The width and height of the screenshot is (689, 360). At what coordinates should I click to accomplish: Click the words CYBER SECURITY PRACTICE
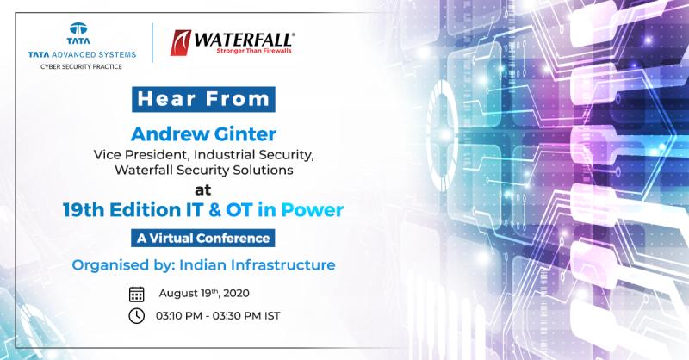[81, 67]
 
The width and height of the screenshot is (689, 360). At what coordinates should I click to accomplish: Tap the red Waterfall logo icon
[180, 43]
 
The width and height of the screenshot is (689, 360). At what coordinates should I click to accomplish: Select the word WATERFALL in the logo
[244, 40]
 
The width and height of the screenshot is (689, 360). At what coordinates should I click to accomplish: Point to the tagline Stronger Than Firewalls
[254, 51]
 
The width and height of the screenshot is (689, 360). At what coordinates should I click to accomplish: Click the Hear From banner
[203, 99]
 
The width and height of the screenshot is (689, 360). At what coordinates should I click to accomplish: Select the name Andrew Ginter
[203, 134]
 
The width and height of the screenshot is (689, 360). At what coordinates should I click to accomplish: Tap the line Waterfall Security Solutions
[204, 171]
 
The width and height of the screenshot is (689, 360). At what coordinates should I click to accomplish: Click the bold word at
[203, 189]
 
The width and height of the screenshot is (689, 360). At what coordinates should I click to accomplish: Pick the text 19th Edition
[121, 209]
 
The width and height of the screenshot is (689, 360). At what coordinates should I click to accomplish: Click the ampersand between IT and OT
[214, 210]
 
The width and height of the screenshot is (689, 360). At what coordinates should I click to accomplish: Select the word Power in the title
[312, 209]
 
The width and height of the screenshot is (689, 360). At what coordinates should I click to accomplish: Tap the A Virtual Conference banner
[203, 238]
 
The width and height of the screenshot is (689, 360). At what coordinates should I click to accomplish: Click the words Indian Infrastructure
[258, 265]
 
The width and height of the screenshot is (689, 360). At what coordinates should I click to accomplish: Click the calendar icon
[137, 294]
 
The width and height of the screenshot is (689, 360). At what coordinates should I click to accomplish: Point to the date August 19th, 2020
[204, 293]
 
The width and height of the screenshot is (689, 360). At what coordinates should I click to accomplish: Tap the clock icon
[137, 315]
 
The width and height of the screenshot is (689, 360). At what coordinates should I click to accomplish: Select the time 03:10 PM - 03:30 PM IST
[218, 315]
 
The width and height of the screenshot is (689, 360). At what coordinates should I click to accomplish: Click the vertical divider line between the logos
[152, 43]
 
